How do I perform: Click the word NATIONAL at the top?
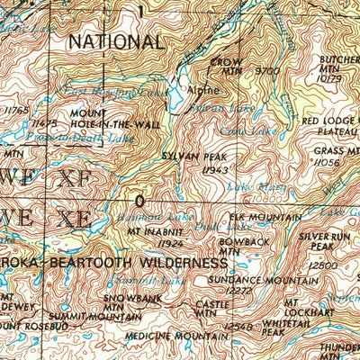click(x=117, y=41)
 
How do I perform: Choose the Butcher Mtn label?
click(x=339, y=67)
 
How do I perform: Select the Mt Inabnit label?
click(x=154, y=231)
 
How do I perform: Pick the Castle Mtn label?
click(x=206, y=310)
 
